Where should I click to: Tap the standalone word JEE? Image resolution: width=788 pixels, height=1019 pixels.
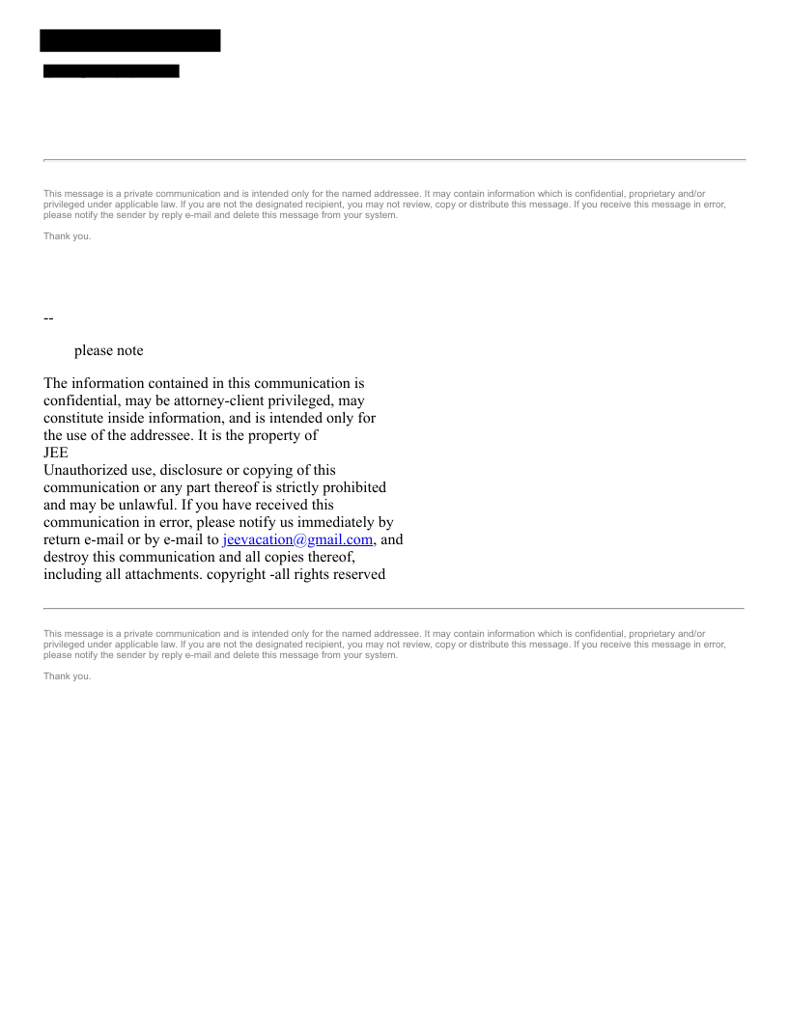56,453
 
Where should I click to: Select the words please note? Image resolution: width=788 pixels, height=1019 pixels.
108,350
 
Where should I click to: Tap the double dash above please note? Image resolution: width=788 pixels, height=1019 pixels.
48,318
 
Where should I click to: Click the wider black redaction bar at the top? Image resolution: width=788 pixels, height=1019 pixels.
130,41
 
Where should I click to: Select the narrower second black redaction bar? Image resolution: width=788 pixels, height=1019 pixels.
111,70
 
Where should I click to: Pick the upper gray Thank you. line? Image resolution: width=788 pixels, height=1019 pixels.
68,236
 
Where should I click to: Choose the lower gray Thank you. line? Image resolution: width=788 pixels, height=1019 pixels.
68,676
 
